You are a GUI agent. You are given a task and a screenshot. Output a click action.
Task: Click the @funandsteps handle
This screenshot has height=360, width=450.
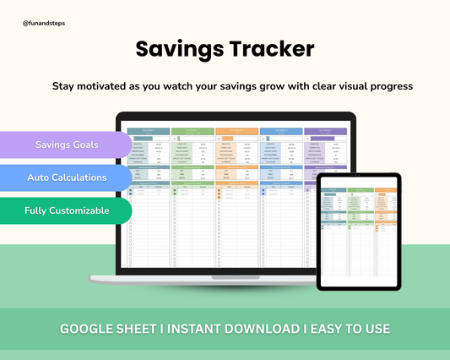(x=44, y=24)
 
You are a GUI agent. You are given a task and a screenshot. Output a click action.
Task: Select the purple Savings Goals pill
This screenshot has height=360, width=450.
(x=66, y=145)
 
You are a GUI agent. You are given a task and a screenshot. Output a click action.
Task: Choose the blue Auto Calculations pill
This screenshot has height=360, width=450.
(x=66, y=177)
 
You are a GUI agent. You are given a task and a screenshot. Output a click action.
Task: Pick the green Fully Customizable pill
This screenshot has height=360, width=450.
(x=66, y=210)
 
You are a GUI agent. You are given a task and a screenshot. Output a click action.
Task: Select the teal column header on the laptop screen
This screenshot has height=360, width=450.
(x=149, y=132)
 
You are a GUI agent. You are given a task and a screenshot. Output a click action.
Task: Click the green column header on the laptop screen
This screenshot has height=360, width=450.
(x=192, y=132)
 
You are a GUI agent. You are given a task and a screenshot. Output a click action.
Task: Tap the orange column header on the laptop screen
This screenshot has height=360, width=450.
(x=236, y=132)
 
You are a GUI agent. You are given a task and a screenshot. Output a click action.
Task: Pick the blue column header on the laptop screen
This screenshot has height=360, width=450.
(x=280, y=132)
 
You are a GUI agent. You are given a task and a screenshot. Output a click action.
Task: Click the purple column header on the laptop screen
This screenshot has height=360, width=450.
(x=324, y=132)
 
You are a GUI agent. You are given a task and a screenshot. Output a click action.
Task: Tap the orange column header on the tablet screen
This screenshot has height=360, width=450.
(x=388, y=191)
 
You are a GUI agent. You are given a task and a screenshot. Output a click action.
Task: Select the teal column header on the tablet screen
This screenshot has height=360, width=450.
(x=332, y=191)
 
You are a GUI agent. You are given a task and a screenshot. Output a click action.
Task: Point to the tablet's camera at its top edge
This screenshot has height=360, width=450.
(x=360, y=178)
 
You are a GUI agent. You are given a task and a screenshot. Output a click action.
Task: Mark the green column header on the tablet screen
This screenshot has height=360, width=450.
(x=360, y=191)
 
